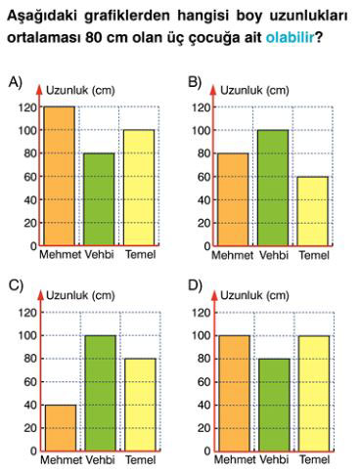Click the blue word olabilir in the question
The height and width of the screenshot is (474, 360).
290,37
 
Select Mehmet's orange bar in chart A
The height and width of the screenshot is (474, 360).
60,176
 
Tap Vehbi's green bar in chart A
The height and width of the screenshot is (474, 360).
99,199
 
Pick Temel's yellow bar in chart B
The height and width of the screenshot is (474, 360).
313,211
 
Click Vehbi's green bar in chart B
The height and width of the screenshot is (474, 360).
273,188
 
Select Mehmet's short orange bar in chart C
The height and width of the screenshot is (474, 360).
61,428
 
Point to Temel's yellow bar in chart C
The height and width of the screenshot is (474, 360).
140,405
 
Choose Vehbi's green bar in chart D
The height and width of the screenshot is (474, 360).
274,405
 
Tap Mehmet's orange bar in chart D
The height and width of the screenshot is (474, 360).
235,393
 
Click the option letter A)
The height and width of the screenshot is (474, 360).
16,82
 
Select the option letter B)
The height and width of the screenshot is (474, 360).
195,82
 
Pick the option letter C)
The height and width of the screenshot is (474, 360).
16,285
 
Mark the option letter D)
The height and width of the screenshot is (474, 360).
195,285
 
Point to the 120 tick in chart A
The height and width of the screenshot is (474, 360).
28,108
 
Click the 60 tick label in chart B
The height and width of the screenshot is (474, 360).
203,177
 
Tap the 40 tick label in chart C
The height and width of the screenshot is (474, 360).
30,406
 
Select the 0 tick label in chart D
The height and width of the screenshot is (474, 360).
207,452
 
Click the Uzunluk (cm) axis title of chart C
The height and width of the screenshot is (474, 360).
80,295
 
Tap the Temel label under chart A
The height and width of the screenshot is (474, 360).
141,254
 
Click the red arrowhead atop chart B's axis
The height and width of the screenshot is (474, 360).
213,89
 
